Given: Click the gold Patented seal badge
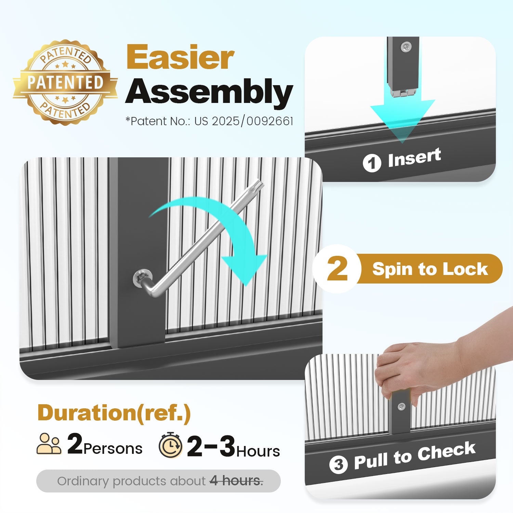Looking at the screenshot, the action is [x=65, y=82].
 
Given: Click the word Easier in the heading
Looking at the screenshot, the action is [x=180, y=57].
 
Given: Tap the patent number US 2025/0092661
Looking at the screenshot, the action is [x=244, y=121].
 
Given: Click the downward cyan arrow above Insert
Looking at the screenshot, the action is [x=403, y=113].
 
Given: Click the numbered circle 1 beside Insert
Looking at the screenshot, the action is [x=372, y=163].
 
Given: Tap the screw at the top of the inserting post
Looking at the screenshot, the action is [x=406, y=47].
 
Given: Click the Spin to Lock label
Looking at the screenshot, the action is [x=430, y=269].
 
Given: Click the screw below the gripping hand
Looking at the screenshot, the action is [x=402, y=407].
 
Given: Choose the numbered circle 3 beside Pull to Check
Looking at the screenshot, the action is [x=338, y=464].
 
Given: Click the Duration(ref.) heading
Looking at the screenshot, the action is [x=114, y=413].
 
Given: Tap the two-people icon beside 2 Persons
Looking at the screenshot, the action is [x=49, y=444].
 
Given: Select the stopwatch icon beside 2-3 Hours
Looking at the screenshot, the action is [x=170, y=445].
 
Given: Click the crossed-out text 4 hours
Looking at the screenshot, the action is [x=236, y=481].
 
